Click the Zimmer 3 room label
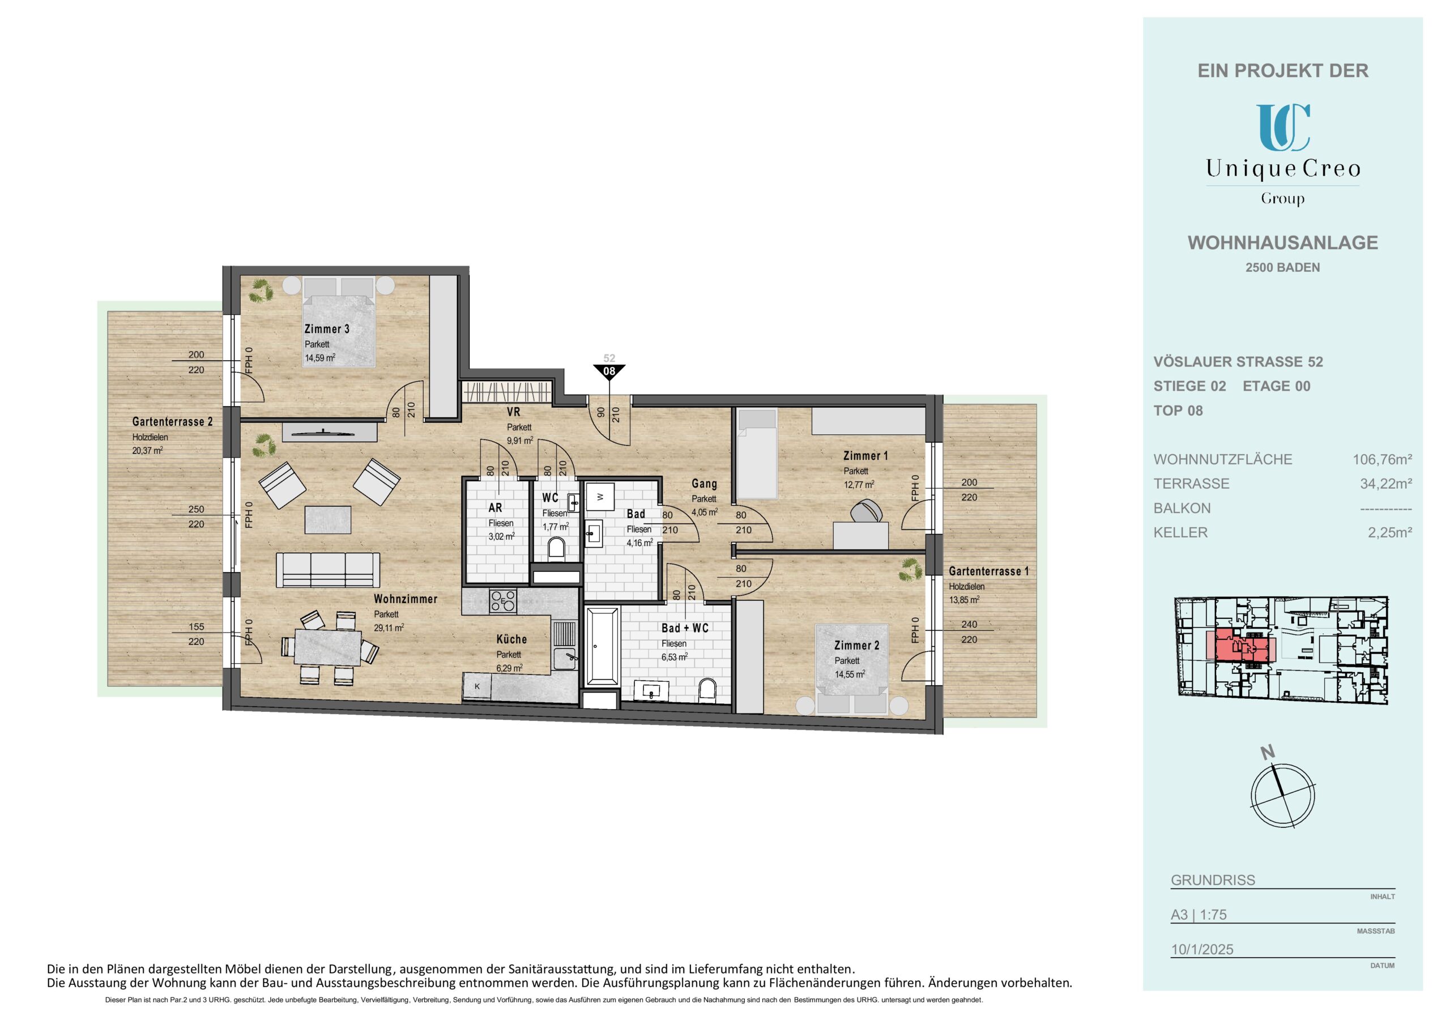[x=326, y=329]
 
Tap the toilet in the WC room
[x=556, y=548]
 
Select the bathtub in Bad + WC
[x=603, y=646]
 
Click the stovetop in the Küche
[x=503, y=601]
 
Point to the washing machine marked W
[x=600, y=497]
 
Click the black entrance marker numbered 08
[x=609, y=371]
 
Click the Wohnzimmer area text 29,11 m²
[x=389, y=628]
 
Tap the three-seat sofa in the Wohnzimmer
[x=328, y=570]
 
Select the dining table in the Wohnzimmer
[x=328, y=647]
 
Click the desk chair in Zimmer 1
[x=866, y=511]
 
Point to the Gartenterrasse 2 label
[x=172, y=422]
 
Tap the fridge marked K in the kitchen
[x=477, y=686]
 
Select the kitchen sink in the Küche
[x=564, y=659]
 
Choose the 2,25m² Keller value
[x=1390, y=533]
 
